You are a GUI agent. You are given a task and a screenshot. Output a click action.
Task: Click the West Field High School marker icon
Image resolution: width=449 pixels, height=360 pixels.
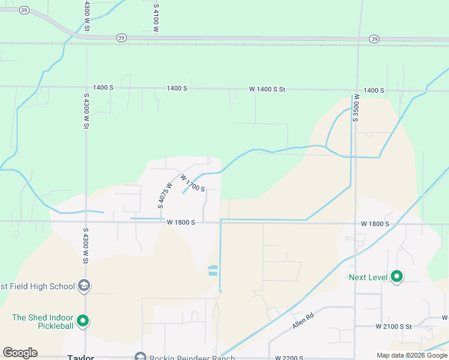pos(84,286)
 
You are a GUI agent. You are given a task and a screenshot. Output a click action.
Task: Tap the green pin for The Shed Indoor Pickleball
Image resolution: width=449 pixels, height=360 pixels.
pos(83,322)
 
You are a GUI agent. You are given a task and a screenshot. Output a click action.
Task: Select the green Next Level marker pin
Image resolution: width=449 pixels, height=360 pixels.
pos(396,277)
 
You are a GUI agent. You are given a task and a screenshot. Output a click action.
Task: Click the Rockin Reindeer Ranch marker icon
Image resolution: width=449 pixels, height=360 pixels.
pos(140,357)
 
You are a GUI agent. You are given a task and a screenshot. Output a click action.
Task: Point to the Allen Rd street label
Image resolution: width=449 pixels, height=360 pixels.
pos(303,320)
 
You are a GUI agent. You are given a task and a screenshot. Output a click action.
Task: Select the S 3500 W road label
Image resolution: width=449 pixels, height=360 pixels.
pos(356,107)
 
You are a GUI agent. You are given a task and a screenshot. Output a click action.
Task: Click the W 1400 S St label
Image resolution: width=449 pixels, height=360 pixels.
pos(267,89)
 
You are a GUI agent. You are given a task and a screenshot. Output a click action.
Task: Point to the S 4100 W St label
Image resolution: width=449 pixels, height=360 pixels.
pos(155,17)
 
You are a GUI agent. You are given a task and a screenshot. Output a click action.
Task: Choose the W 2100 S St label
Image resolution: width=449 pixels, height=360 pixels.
pos(394,326)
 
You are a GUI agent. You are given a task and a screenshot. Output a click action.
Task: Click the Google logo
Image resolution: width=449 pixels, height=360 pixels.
pos(20,353)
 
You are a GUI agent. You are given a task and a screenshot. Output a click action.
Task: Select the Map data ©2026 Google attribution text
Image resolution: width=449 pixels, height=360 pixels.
pos(412,355)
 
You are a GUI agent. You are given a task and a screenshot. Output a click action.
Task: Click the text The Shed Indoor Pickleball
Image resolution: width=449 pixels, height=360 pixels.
pos(42,322)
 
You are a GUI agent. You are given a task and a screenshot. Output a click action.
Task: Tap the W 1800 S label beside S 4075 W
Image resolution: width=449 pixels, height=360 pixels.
pos(181,222)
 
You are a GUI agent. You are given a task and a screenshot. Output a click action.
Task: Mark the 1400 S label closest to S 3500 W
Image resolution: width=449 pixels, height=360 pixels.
pos(373,90)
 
